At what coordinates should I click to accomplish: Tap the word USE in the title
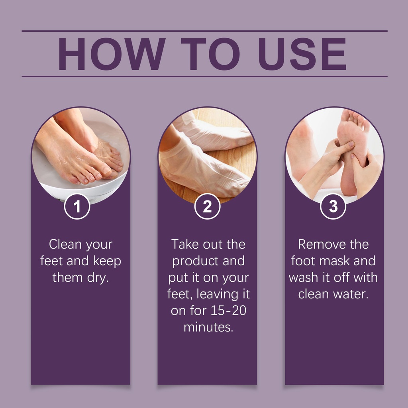[x=302, y=54]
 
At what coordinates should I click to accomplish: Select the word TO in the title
[x=210, y=54]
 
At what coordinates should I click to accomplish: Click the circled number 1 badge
[x=77, y=206]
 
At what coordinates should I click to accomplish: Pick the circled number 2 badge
[x=207, y=206]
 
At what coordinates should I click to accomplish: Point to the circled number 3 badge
[x=333, y=206]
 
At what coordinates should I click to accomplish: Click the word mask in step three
[x=335, y=261]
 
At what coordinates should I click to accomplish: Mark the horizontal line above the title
[x=204, y=31]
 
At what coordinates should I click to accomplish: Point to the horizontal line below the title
[x=204, y=76]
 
